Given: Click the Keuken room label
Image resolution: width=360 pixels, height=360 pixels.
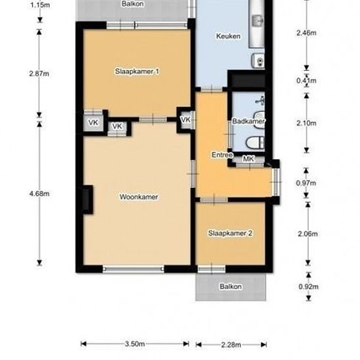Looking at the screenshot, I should pos(228,36).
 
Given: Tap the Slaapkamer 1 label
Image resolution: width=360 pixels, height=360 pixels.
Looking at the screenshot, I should pos(137,71).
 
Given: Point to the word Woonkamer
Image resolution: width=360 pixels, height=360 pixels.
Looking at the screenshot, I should pos(138,196).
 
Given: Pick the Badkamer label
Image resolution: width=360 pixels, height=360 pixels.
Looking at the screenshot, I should pos(247,122).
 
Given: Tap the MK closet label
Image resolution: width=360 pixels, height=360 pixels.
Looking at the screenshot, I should pos(247,159).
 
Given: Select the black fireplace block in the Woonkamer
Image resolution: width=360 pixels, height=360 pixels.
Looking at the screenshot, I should pos(86,200).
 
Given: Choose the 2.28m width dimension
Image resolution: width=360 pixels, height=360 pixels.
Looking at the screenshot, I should pos(231,344).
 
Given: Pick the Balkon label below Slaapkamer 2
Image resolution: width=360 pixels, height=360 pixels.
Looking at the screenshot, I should pos(230,287).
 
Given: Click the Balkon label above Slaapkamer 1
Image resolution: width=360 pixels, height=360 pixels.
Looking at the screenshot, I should pos(133,4).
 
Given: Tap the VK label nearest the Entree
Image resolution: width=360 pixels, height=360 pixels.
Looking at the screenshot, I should pos(185,120).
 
